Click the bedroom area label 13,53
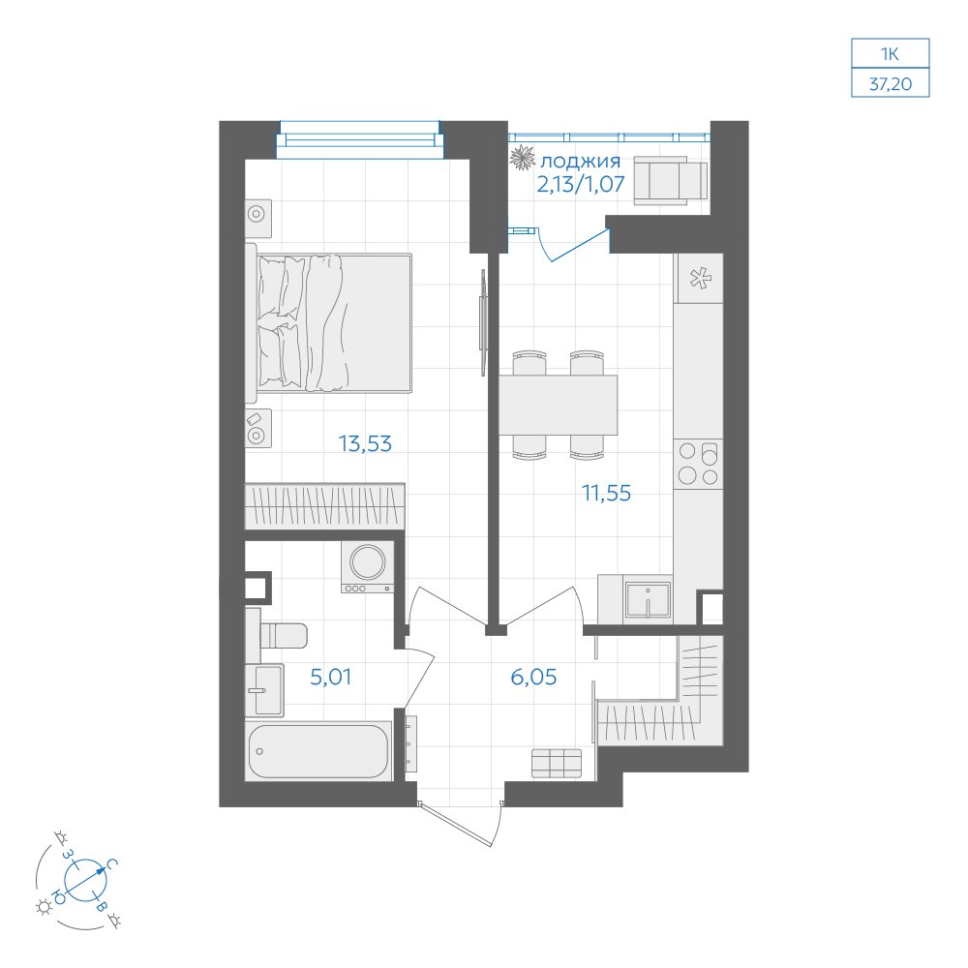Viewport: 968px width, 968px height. pos(365,443)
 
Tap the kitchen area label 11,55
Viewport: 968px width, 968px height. pos(606,493)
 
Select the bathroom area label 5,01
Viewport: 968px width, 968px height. pos(331,677)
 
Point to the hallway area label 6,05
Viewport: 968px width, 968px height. pos(533,677)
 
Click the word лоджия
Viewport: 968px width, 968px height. pos(580,162)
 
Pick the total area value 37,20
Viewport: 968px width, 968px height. pos(891,83)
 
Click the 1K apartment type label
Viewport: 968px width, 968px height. pos(890,53)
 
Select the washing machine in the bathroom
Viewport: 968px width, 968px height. pos(368,566)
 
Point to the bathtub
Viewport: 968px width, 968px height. pos(318,750)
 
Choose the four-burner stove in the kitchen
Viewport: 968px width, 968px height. pos(698,463)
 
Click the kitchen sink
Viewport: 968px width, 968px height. pos(648,599)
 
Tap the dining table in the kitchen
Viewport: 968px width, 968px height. pos(559,405)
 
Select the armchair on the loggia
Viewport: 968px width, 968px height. pos(671,180)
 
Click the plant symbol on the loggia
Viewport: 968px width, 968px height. pos(523,157)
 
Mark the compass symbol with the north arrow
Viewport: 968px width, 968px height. pos(86,879)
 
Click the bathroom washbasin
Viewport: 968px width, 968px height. pos(265,690)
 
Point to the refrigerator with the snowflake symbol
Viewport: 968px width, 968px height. pos(698,278)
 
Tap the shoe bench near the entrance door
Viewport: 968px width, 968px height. pos(557,763)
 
